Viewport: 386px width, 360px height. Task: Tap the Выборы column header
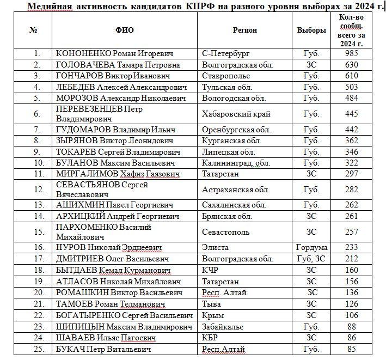tap(311, 30)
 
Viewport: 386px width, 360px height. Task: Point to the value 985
tap(351, 54)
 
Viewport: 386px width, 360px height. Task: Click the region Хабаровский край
tap(236, 114)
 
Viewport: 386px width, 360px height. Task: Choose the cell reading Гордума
tap(311, 247)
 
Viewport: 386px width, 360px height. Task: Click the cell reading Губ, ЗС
tap(311, 258)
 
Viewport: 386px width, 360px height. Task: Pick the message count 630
tap(351, 65)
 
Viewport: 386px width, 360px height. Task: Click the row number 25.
tap(37, 349)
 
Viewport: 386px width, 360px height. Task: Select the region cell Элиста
tap(215, 247)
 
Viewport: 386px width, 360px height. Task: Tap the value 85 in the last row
tap(351, 349)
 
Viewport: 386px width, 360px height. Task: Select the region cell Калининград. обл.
tap(236, 162)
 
